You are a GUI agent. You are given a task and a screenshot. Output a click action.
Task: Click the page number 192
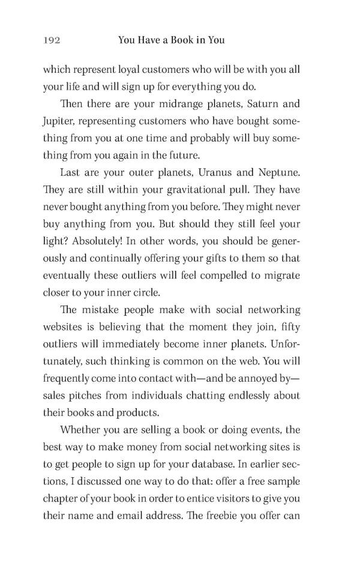point(51,40)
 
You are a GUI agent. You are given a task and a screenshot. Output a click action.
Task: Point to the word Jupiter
point(56,121)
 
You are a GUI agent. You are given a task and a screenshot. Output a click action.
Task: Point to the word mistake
point(103,310)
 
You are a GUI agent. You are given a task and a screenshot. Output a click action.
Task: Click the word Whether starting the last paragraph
point(82,431)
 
